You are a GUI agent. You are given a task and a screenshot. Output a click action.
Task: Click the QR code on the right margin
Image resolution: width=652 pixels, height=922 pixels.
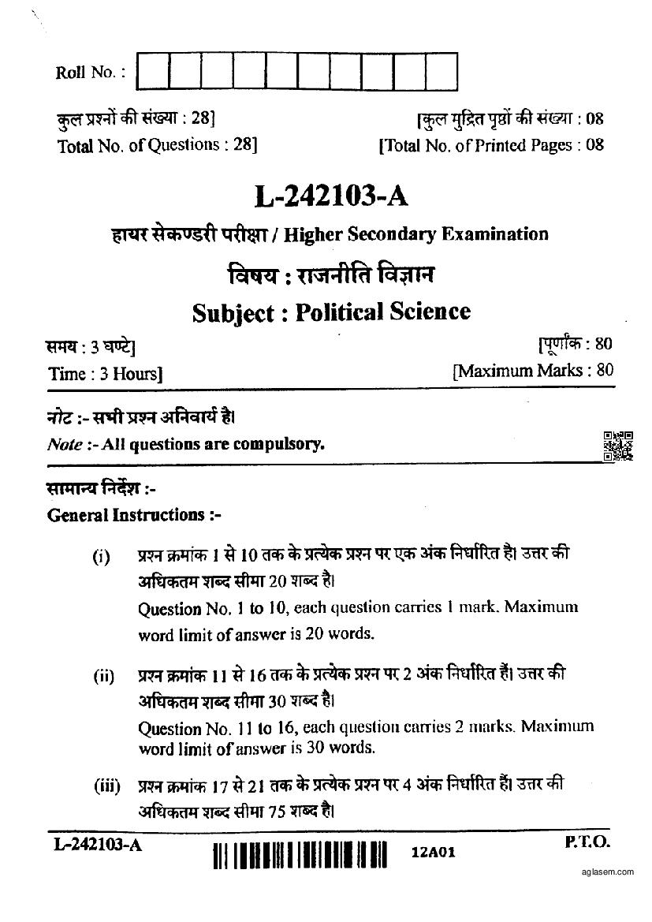click(618, 446)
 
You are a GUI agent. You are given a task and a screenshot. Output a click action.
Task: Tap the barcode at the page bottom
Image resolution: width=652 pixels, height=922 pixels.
click(300, 857)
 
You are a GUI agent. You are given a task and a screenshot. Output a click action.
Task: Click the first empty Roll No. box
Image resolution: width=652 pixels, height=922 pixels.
click(153, 70)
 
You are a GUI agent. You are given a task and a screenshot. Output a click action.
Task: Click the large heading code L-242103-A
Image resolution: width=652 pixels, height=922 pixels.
click(331, 195)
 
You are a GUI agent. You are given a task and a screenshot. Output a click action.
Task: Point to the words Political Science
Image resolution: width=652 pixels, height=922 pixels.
click(382, 312)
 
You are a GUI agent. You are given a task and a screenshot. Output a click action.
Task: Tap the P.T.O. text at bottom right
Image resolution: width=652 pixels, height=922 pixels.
click(587, 843)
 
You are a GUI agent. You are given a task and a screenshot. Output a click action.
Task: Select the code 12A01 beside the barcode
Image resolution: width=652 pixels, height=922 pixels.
click(434, 853)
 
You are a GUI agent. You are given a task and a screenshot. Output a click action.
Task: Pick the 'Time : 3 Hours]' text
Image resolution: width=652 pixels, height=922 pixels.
click(105, 374)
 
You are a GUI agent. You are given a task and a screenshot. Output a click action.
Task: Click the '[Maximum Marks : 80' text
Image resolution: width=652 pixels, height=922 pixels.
click(532, 370)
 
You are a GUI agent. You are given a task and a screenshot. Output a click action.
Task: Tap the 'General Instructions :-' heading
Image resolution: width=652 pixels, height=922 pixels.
click(135, 515)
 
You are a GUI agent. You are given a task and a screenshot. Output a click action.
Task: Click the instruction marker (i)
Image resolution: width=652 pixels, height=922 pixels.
click(102, 558)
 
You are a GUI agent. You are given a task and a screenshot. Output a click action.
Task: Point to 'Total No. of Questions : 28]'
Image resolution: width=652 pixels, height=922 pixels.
click(157, 146)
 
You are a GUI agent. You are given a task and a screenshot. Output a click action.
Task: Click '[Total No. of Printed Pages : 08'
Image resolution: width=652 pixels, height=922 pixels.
click(491, 145)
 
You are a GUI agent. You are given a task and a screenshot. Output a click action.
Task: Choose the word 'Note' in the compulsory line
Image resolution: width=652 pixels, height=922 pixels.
click(65, 444)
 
